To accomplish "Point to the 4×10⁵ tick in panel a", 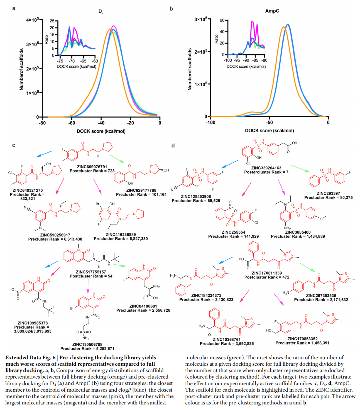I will [x=33, y=20].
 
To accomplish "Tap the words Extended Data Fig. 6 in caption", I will [x=29, y=357].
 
